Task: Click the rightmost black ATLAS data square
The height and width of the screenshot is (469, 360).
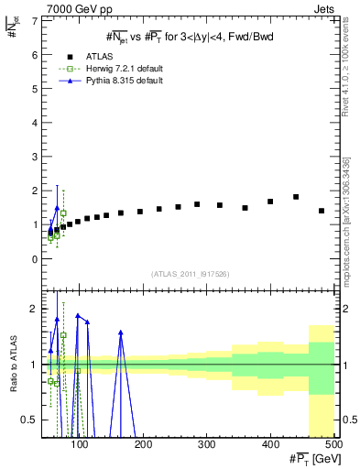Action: coord(321,211)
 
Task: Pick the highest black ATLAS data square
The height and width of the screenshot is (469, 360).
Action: coord(296,197)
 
